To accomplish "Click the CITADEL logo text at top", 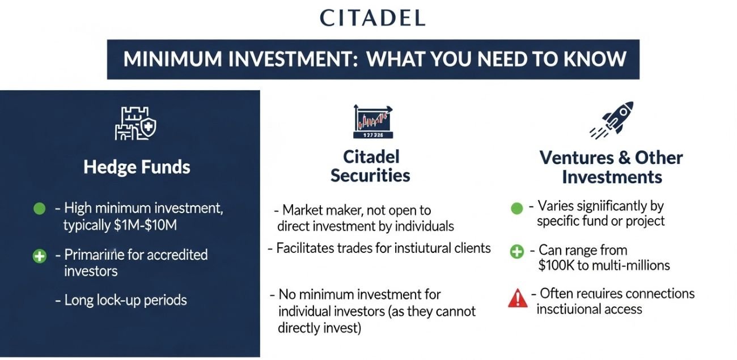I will [x=372, y=18].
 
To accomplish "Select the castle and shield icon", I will [x=135, y=125].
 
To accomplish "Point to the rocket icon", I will [x=611, y=120].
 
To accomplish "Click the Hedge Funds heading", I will [x=137, y=167].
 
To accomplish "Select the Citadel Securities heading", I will [x=370, y=166].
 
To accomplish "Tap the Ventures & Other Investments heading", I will [x=611, y=167].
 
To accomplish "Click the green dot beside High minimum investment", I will [x=39, y=209].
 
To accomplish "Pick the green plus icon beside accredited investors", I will [x=39, y=256].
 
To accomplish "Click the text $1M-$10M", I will [x=145, y=225].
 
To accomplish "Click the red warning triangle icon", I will [x=517, y=298].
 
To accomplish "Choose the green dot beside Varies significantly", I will [x=516, y=208].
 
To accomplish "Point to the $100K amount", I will [x=558, y=265].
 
